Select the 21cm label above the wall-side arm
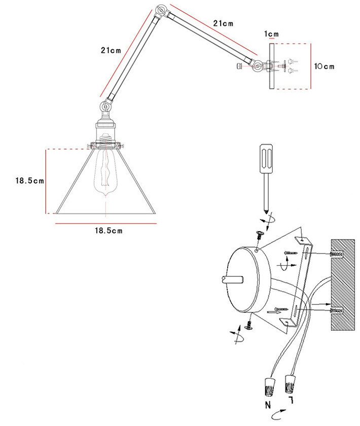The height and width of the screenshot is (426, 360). [x=223, y=23]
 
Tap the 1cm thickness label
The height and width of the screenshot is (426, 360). [x=272, y=34]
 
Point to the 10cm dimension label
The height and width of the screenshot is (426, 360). [x=323, y=66]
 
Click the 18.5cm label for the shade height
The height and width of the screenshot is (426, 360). [x=29, y=181]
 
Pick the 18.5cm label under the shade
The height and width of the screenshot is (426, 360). [x=109, y=230]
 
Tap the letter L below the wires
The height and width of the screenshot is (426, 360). [x=291, y=402]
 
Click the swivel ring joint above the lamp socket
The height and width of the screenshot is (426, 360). [x=106, y=107]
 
